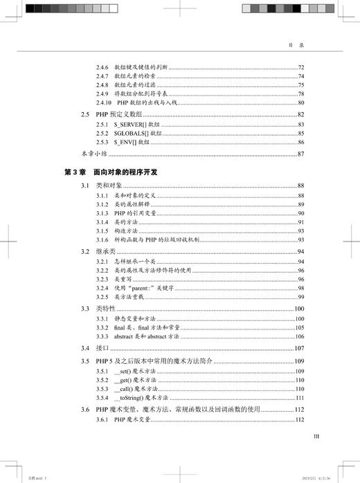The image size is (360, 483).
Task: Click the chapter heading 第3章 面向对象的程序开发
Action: pos(111,172)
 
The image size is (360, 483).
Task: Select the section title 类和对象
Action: pos(109,186)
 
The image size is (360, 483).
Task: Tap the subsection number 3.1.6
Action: pos(102,238)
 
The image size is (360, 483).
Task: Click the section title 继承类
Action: pos(106,250)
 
